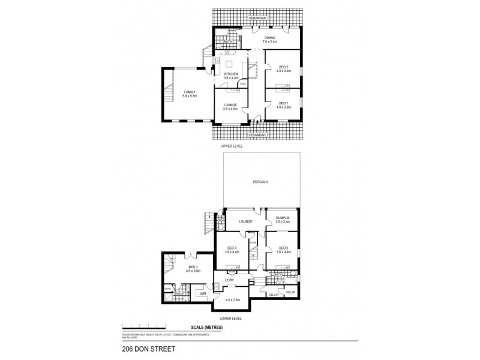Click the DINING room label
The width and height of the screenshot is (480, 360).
pyautogui.click(x=270, y=38)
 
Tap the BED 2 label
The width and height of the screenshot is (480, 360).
pyautogui.click(x=283, y=67)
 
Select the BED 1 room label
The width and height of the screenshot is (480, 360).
pyautogui.click(x=283, y=104)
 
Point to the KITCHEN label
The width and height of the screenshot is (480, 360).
pyautogui.click(x=231, y=74)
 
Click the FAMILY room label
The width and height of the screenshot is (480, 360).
pyautogui.click(x=190, y=92)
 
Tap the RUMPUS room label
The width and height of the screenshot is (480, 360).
pyautogui.click(x=283, y=218)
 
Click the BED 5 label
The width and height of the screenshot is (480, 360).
pyautogui.click(x=283, y=248)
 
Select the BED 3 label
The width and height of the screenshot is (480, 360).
pyautogui.click(x=193, y=267)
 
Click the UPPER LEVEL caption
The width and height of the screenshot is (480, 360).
pyautogui.click(x=230, y=146)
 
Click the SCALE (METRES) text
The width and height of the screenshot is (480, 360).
pyautogui.click(x=206, y=327)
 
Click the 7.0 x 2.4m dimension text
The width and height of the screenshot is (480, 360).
pyautogui.click(x=270, y=42)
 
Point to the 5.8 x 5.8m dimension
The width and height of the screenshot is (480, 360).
pyautogui.click(x=190, y=96)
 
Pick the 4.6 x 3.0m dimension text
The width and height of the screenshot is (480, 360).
pyautogui.click(x=193, y=271)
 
